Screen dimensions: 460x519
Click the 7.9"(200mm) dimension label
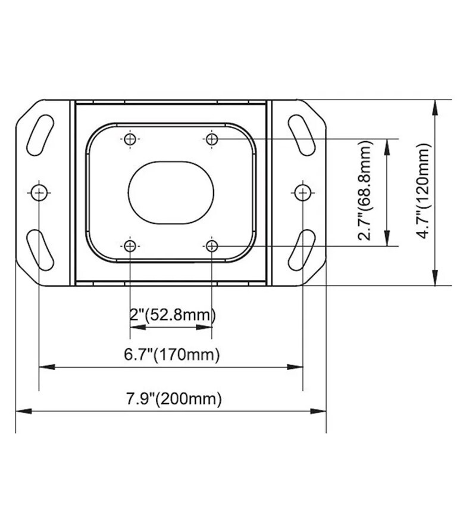click(x=174, y=399)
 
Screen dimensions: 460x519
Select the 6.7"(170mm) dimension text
click(x=172, y=355)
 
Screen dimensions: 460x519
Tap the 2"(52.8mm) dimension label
click(x=173, y=315)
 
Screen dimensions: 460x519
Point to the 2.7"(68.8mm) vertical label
click(x=365, y=191)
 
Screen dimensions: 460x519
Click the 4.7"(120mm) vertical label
click(x=423, y=191)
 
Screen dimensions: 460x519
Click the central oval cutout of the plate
click(x=171, y=192)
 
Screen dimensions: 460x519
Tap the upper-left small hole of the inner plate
click(x=130, y=139)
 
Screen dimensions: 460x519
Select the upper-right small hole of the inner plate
click(x=212, y=139)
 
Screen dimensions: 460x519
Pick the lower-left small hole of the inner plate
click(x=130, y=246)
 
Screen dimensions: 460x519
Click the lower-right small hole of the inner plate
click(x=212, y=246)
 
